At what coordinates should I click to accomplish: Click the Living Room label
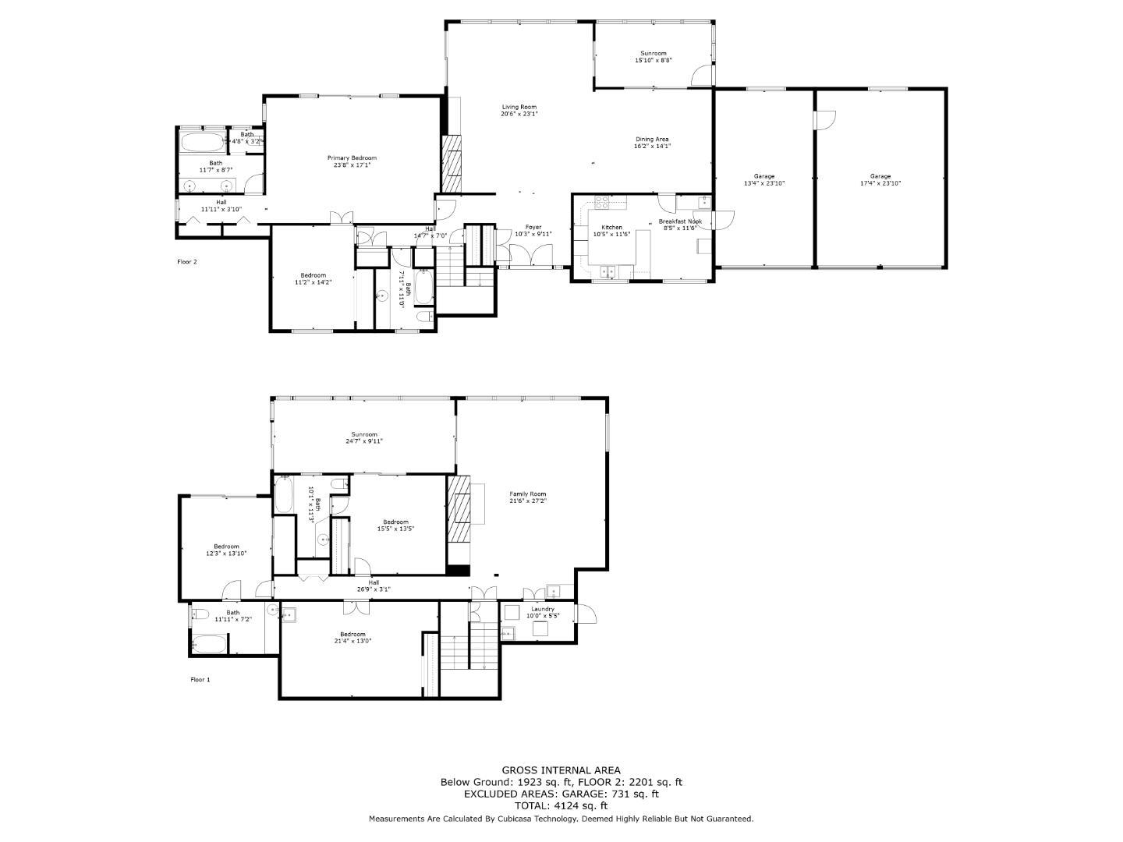(x=519, y=107)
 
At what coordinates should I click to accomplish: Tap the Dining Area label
(x=652, y=139)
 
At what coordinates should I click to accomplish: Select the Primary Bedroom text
(x=352, y=157)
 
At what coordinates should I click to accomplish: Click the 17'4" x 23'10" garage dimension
(x=880, y=184)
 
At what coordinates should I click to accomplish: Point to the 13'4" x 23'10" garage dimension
(x=763, y=184)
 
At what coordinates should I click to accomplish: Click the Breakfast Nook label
(x=682, y=221)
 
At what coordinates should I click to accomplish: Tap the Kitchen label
(x=611, y=227)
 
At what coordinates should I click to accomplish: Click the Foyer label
(x=533, y=227)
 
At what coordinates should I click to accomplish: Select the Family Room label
(x=528, y=494)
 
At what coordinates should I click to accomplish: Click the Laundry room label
(x=543, y=609)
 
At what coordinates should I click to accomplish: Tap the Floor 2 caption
(x=187, y=262)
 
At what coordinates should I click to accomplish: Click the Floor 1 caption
(x=200, y=680)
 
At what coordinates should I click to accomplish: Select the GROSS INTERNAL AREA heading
(x=561, y=770)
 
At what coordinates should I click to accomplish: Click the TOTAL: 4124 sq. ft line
(x=561, y=806)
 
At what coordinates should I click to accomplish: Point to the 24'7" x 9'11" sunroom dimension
(x=364, y=441)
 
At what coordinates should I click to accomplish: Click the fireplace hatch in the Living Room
(x=452, y=164)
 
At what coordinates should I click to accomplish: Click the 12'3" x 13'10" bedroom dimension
(x=226, y=554)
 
